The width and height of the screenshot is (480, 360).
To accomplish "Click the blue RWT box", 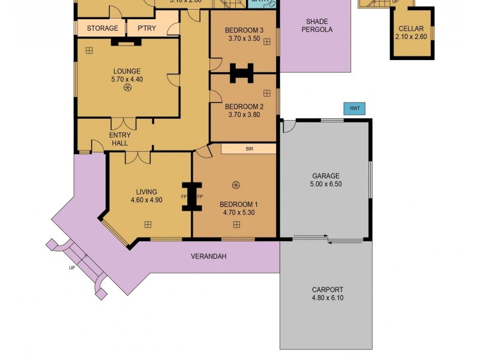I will click(x=354, y=109).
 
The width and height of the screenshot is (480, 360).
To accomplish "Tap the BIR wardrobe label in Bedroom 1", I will click(x=249, y=149).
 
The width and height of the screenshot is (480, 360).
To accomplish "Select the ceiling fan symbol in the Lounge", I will click(x=128, y=88).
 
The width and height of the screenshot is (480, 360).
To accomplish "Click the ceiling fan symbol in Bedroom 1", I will click(x=236, y=185).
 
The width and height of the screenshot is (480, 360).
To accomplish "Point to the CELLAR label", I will click(x=411, y=29).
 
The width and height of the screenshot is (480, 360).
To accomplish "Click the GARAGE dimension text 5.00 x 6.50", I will click(x=326, y=185).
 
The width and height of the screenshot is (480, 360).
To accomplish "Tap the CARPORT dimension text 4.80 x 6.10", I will click(x=328, y=298).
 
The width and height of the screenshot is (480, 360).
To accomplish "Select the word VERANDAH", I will click(x=208, y=256).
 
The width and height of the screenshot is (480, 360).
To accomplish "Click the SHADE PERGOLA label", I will click(x=316, y=25).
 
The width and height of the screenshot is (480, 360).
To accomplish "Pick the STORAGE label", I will click(x=102, y=28).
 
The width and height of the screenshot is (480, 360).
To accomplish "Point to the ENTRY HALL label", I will click(x=119, y=139).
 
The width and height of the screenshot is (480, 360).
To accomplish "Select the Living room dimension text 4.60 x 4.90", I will click(x=146, y=200).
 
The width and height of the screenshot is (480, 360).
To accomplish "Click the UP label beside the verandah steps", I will click(x=72, y=268).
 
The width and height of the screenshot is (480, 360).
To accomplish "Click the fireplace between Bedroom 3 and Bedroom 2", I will click(x=243, y=73).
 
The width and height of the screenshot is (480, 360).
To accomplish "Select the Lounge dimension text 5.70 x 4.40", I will click(x=127, y=79).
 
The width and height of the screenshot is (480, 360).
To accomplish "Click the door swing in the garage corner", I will click(x=289, y=127).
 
